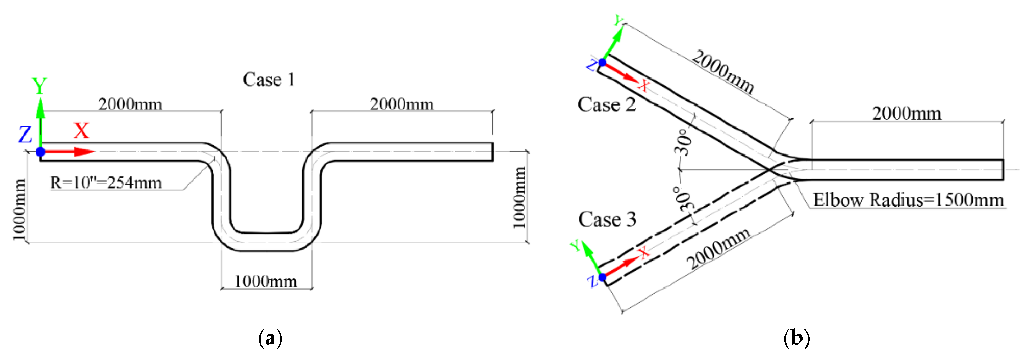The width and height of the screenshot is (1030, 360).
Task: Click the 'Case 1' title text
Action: click(x=268, y=80)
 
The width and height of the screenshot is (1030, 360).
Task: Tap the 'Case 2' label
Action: click(x=606, y=105)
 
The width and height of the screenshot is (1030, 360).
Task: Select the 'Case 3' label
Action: click(x=607, y=220)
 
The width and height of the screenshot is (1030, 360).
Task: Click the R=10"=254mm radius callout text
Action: click(x=106, y=183)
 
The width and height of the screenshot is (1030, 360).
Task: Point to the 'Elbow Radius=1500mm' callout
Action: click(x=908, y=200)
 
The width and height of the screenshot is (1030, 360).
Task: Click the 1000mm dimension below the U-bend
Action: click(x=265, y=281)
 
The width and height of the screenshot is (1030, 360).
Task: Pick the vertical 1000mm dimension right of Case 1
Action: click(x=519, y=197)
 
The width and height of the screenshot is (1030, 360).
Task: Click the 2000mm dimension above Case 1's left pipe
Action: click(x=130, y=104)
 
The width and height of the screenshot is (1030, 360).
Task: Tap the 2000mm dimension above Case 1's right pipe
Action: click(x=402, y=104)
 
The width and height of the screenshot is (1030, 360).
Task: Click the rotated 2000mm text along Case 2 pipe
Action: click(x=723, y=72)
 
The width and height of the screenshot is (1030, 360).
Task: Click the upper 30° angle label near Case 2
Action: click(x=683, y=142)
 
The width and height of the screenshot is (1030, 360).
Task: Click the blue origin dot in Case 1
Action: click(x=40, y=152)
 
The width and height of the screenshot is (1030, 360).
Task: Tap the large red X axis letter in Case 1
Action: click(x=81, y=131)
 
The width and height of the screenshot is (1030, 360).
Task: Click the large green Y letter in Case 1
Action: click(x=40, y=86)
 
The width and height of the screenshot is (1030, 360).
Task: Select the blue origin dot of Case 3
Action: click(x=603, y=277)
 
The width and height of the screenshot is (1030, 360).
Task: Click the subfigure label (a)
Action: click(x=270, y=338)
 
